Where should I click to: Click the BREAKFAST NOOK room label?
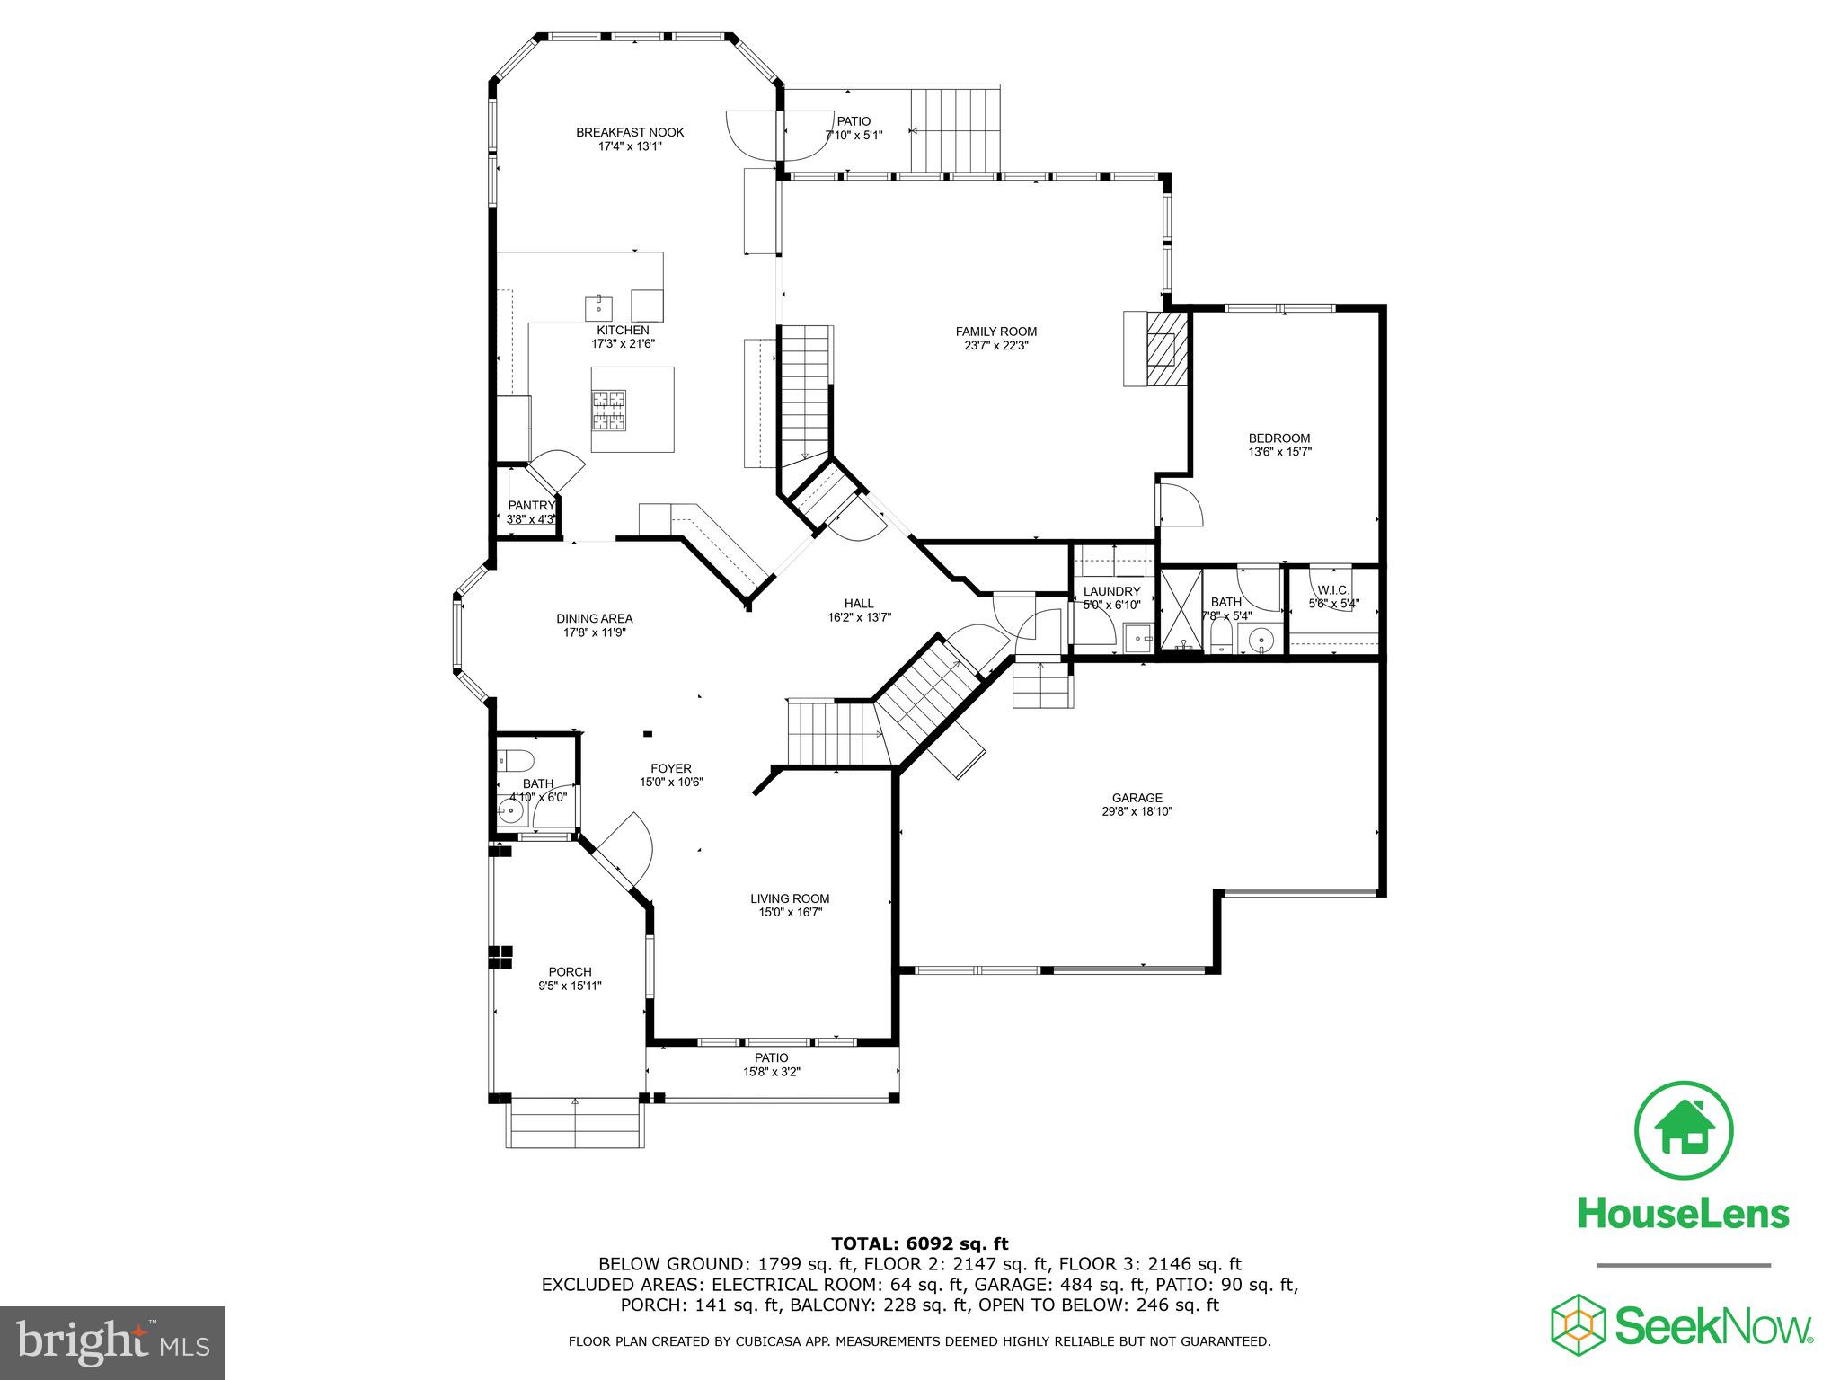(x=630, y=132)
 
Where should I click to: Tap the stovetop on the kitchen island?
(x=608, y=411)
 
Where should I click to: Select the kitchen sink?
(x=598, y=307)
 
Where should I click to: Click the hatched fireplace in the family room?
(x=1166, y=349)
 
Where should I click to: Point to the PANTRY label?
(x=531, y=506)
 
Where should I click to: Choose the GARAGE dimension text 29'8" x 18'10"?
(x=1137, y=811)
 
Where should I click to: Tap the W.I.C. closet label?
(x=1333, y=590)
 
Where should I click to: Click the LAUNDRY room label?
(x=1111, y=591)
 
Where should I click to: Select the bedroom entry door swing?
(x=1179, y=505)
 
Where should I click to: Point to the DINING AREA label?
(x=594, y=618)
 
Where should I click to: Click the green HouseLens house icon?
(x=1684, y=1131)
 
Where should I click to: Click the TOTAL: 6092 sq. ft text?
(x=919, y=1243)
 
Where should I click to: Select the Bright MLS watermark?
(x=112, y=1342)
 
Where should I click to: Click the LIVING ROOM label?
(x=790, y=898)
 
